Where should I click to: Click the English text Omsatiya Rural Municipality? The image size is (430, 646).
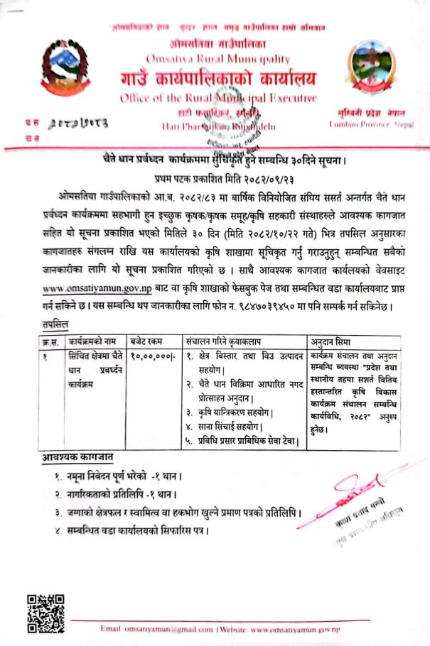click(x=217, y=58)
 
